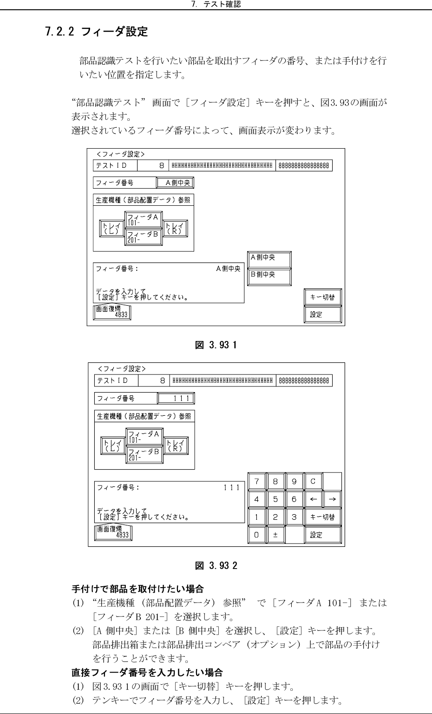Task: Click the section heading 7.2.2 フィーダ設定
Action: click(97, 32)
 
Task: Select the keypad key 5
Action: click(275, 499)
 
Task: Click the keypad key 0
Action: click(256, 535)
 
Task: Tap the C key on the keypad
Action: click(313, 482)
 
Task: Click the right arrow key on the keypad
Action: click(332, 499)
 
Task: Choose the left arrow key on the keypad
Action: click(313, 499)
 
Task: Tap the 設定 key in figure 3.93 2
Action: click(322, 535)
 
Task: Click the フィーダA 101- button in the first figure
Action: click(143, 219)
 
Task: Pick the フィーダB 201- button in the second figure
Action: click(144, 454)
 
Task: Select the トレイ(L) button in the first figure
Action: click(111, 228)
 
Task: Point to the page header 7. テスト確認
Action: click(216, 5)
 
